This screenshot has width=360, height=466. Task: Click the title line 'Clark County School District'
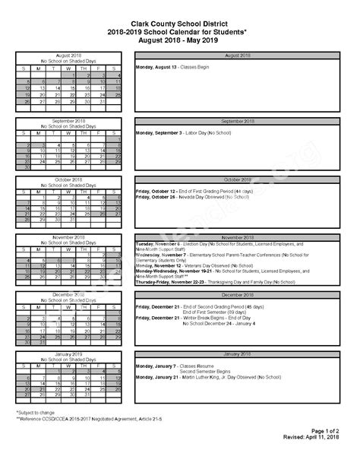(x=179, y=24)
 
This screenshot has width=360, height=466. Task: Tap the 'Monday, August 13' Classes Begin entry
(x=172, y=67)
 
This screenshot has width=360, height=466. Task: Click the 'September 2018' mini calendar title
(x=68, y=121)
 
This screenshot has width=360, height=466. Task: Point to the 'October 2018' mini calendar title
(x=68, y=179)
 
